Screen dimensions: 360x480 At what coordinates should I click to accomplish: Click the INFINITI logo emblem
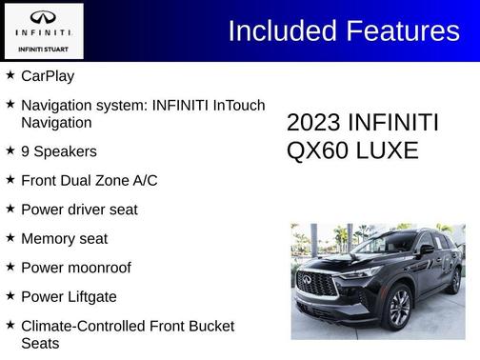pos(43,17)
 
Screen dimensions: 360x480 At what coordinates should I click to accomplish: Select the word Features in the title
pos(403,31)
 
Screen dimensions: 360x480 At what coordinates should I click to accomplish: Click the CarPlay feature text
pos(48,76)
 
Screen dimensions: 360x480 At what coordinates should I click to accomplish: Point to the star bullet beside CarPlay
pos(10,75)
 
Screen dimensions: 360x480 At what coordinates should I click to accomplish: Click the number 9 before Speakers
pos(26,151)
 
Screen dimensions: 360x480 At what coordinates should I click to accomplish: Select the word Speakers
pos(66,151)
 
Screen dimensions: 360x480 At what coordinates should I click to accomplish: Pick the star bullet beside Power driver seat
pos(10,209)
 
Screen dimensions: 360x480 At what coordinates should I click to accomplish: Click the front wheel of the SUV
pos(398,307)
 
